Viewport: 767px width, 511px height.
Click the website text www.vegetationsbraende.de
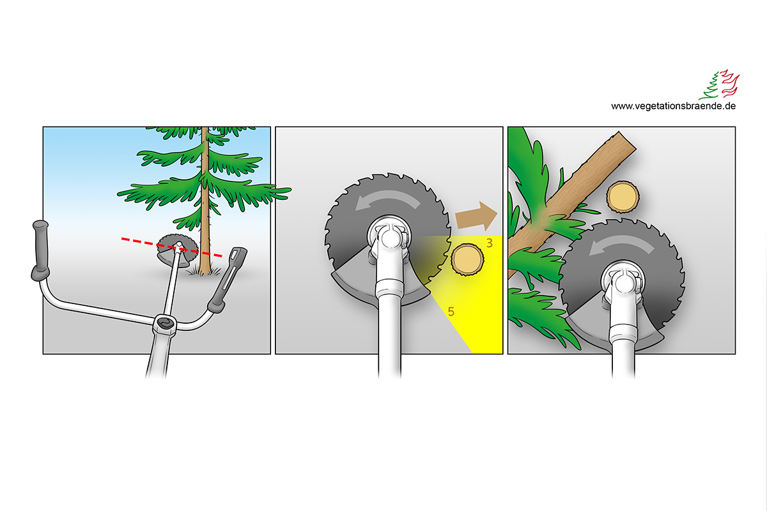(x=673, y=106)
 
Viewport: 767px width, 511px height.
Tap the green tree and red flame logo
(x=719, y=84)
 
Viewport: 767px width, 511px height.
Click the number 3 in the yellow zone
(x=490, y=243)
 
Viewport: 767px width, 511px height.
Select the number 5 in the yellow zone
(x=451, y=312)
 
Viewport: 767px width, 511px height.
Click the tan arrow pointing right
(x=476, y=217)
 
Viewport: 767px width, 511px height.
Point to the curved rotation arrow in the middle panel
(x=387, y=200)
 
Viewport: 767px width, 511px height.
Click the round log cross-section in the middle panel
(x=467, y=259)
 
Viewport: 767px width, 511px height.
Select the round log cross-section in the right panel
(x=623, y=197)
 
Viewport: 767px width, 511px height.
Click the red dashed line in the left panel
(x=172, y=247)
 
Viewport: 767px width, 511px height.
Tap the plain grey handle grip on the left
(x=40, y=250)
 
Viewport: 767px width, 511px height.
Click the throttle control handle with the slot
(x=227, y=279)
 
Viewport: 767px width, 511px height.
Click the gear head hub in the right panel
(x=622, y=282)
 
